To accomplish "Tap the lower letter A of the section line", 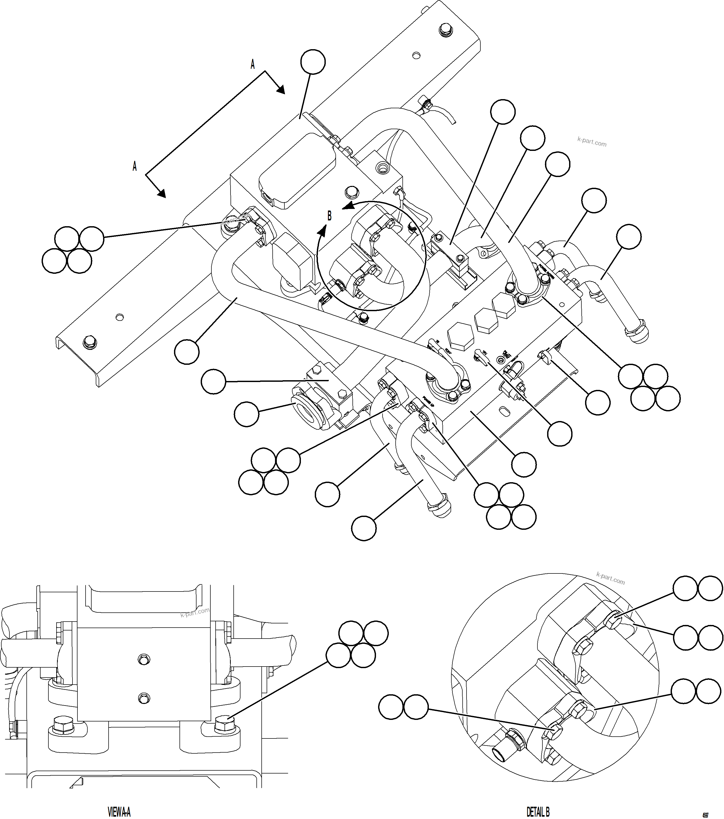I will [135, 166].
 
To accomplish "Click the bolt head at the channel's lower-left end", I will [89, 342].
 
